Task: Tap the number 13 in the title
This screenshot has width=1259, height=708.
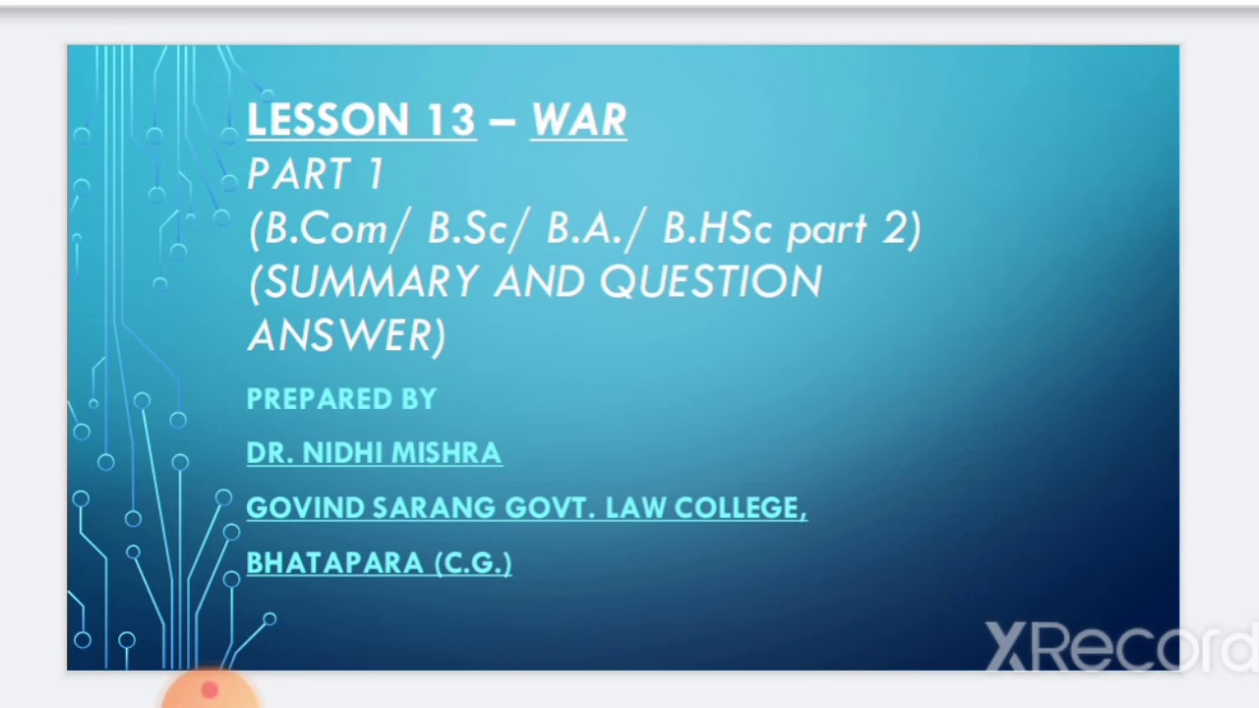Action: coord(450,121)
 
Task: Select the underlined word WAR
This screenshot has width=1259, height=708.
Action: coord(578,121)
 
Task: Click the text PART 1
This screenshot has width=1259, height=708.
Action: coord(315,175)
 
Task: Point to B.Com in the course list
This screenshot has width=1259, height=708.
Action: coord(326,229)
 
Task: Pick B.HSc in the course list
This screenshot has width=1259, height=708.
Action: coord(717,229)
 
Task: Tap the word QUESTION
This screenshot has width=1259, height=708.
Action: coord(710,283)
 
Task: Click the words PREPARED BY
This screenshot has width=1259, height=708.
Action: coord(341,399)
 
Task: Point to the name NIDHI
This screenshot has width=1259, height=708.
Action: coord(346,453)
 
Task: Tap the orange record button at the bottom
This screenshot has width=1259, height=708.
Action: coord(210,691)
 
